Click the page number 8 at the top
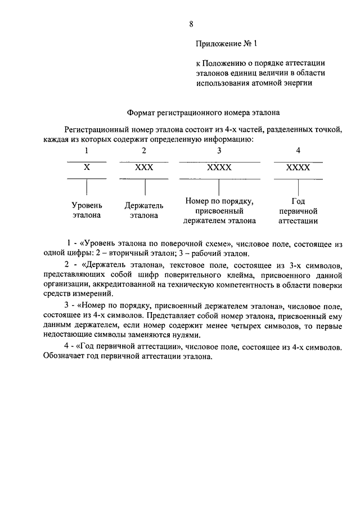191,24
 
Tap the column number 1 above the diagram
87,151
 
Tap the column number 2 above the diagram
144,151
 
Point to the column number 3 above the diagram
219,151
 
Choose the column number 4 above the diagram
298,151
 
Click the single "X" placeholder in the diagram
87,168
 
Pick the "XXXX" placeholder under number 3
219,168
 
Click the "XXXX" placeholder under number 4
298,168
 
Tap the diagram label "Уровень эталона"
87,210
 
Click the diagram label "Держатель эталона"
144,210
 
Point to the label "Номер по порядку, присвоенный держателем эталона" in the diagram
219,210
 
